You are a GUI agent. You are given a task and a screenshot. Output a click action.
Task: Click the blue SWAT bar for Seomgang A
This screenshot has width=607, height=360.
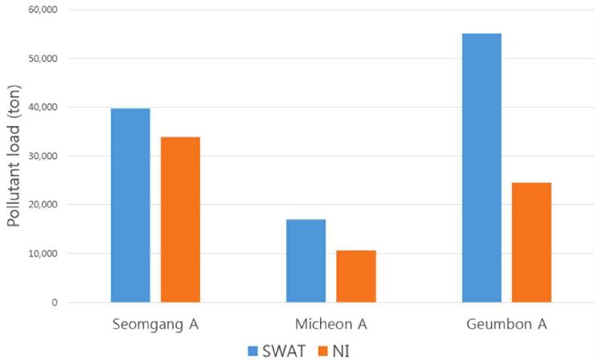(x=130, y=205)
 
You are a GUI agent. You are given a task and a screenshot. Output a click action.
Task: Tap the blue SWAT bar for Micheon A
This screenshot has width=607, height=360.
(x=306, y=260)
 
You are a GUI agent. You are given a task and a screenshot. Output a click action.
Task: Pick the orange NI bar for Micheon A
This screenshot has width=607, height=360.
(x=356, y=276)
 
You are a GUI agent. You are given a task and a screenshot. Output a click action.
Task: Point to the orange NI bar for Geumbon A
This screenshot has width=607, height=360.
(x=531, y=242)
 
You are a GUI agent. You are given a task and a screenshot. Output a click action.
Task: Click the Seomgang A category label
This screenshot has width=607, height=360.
(x=155, y=325)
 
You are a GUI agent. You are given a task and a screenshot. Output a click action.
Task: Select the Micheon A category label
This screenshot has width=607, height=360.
(x=331, y=325)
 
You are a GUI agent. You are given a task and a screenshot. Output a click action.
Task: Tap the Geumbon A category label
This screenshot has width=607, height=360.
(x=507, y=325)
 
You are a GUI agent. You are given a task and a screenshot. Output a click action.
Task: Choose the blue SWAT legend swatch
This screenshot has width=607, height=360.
(x=252, y=350)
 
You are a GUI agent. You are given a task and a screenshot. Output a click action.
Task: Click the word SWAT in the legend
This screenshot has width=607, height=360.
(x=282, y=350)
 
